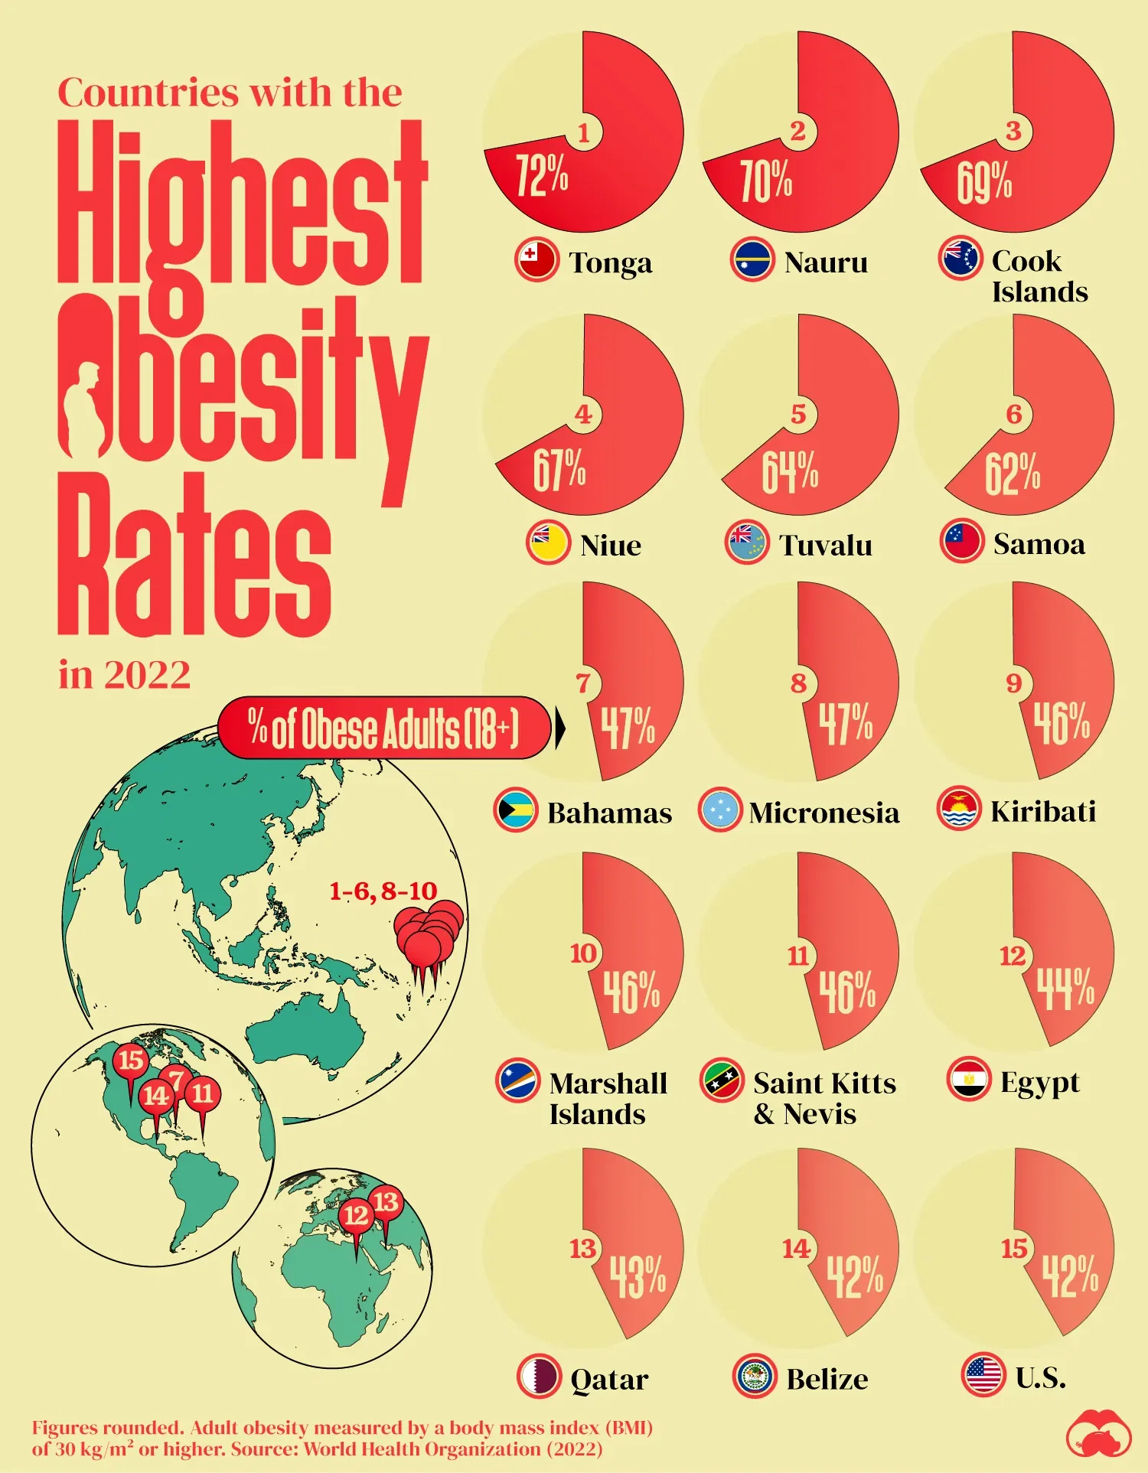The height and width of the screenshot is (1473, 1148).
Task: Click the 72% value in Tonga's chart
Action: tap(541, 174)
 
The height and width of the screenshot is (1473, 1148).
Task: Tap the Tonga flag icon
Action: tap(536, 260)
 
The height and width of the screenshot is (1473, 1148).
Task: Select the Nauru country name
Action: tap(826, 262)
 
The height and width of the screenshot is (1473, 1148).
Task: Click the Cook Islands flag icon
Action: tap(960, 258)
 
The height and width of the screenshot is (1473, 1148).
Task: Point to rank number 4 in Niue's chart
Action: tap(583, 414)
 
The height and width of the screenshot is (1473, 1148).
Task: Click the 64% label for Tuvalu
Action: tap(789, 471)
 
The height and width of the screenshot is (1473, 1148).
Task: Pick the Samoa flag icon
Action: tap(961, 542)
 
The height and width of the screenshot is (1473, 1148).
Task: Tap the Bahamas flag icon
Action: tap(515, 810)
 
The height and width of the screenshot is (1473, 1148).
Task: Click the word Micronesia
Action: tap(823, 813)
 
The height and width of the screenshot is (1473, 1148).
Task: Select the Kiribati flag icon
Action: tap(958, 809)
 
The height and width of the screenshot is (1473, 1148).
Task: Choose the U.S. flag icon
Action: tap(983, 1374)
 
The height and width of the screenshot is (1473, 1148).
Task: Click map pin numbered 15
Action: tap(131, 1061)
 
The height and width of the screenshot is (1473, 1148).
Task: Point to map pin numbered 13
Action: tap(386, 1202)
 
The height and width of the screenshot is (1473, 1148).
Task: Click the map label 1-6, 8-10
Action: tap(383, 891)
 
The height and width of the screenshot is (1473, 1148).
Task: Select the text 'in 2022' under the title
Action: tap(124, 675)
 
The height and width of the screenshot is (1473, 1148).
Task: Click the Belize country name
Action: tap(827, 1379)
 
